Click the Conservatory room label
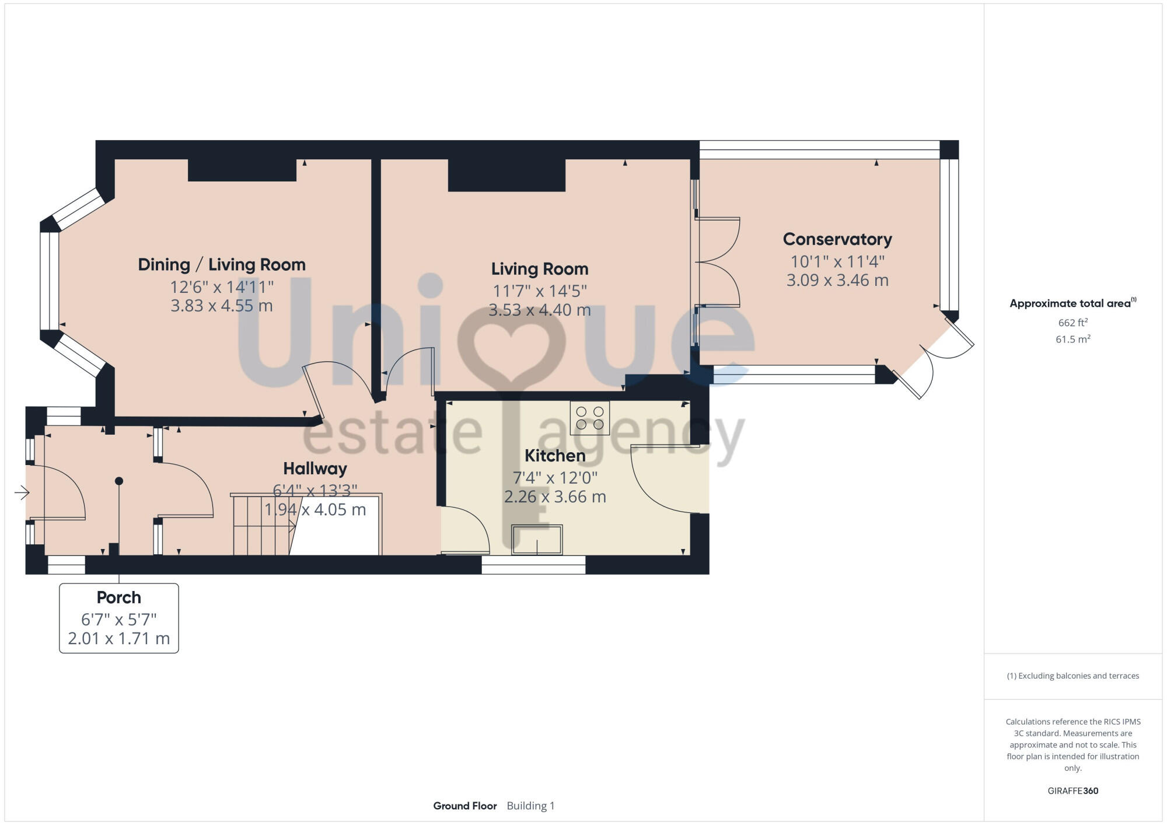(837, 239)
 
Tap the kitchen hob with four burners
(589, 418)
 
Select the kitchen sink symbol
(537, 540)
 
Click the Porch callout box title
(118, 597)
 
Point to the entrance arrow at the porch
(22, 493)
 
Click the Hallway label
(315, 469)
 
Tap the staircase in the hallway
(263, 525)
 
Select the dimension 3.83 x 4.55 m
(222, 306)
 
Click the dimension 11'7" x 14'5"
(539, 291)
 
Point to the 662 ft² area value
(1072, 323)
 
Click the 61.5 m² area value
(1072, 339)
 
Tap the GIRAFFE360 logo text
(1072, 791)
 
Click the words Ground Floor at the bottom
(464, 806)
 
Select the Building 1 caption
(530, 806)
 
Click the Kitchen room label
(554, 456)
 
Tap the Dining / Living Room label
(222, 265)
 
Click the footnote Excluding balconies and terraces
(1072, 676)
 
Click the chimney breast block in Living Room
(506, 174)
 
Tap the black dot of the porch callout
(119, 481)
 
